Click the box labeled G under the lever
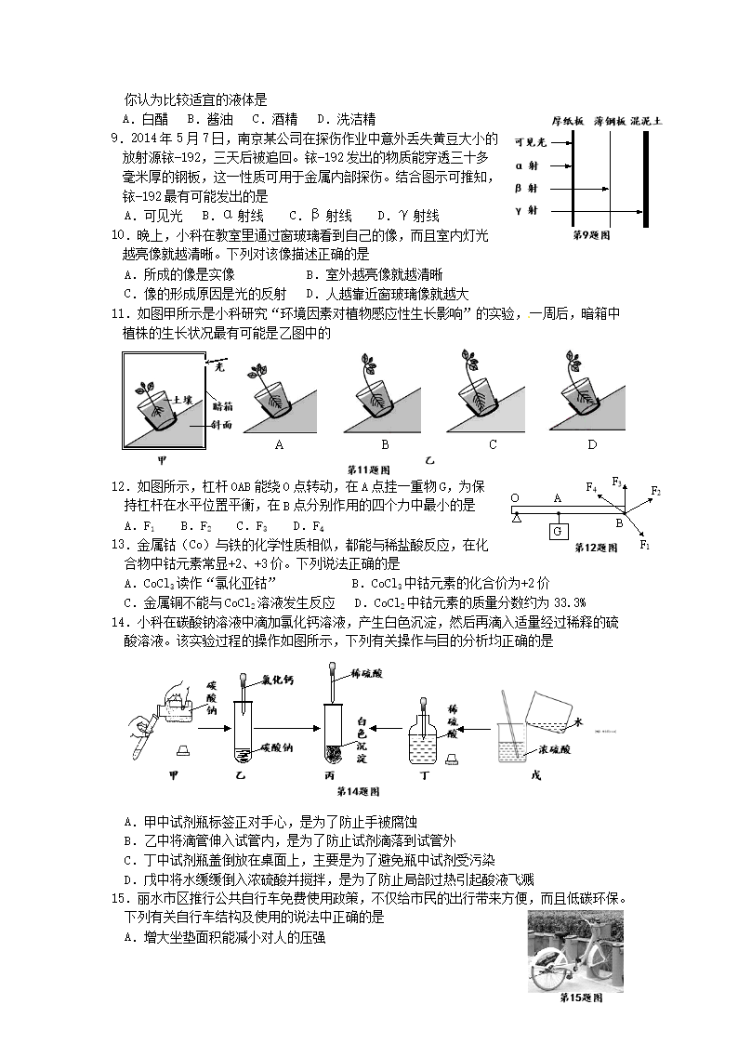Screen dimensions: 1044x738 [559, 531]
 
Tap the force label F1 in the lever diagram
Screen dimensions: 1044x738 [644, 546]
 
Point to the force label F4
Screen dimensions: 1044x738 [590, 486]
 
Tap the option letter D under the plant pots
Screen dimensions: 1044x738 [591, 445]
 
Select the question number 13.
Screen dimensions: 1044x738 [118, 545]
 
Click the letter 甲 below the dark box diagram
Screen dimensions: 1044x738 [162, 459]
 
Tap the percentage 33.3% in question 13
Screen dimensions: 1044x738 [579, 601]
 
